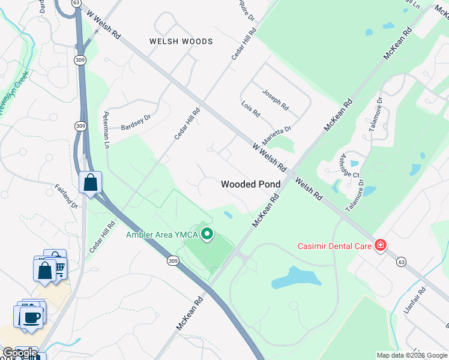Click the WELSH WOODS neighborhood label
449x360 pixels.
[181, 41]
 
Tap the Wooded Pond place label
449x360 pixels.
[251, 184]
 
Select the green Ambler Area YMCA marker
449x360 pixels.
[207, 233]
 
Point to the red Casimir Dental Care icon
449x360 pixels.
[379, 245]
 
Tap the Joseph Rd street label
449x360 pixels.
[276, 100]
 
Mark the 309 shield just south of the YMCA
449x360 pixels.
[173, 261]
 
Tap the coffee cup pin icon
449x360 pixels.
[31, 317]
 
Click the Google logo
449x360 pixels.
[20, 353]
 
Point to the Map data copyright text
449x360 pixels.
[412, 355]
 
